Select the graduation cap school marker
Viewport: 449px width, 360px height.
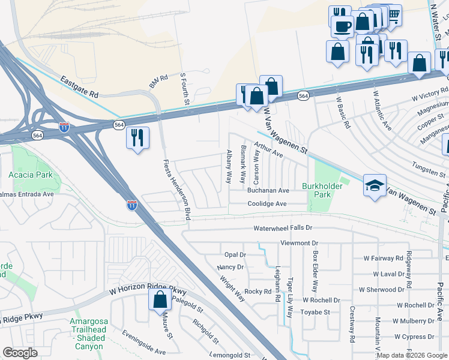[375, 185]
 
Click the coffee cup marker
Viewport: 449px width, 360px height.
[342, 27]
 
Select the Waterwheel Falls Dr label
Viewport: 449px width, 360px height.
[283, 229]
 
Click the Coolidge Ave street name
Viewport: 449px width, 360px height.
[268, 204]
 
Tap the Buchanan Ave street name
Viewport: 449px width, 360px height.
[268, 190]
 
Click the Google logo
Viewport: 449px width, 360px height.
[20, 352]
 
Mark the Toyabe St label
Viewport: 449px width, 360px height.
[315, 312]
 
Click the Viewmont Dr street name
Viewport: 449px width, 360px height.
[299, 243]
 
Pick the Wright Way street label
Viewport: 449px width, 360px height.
[232, 287]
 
